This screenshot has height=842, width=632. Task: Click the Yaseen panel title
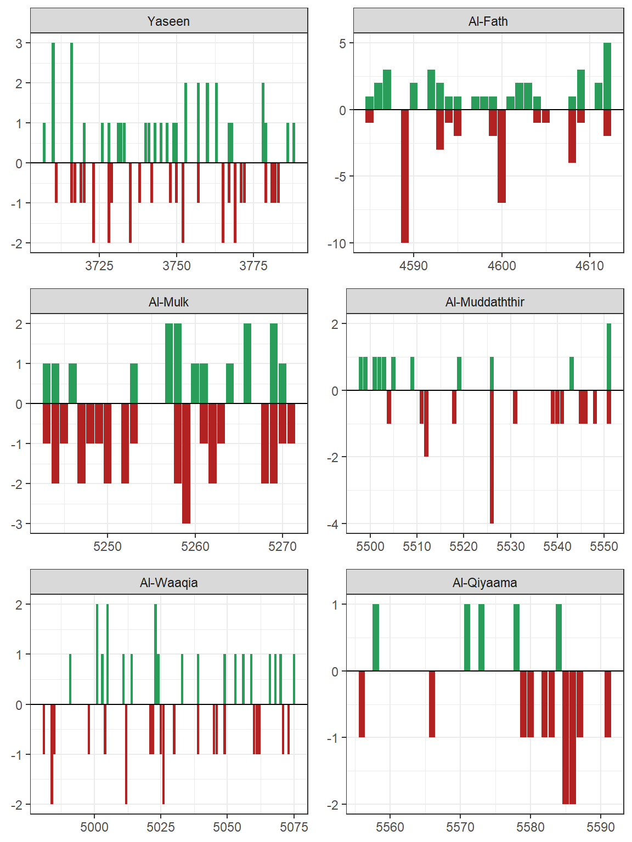click(168, 21)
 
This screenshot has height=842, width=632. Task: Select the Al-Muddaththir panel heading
click(484, 302)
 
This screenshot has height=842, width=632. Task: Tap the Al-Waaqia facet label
click(168, 583)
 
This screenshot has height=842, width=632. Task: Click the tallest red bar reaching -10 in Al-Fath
click(405, 176)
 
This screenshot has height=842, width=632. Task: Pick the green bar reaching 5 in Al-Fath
click(607, 76)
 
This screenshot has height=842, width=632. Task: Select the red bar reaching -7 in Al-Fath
click(501, 156)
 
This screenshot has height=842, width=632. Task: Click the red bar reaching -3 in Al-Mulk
click(187, 463)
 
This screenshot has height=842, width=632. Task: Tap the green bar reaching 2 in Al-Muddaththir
click(609, 357)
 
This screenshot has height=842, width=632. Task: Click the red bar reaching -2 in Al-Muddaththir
click(426, 423)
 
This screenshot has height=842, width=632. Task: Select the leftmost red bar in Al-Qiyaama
click(362, 704)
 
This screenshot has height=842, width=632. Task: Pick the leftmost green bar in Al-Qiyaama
click(376, 638)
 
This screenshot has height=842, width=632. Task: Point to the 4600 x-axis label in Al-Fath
click(501, 266)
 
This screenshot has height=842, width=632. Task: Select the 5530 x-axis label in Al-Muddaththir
click(510, 547)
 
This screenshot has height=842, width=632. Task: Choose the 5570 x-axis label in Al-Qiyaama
click(460, 827)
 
